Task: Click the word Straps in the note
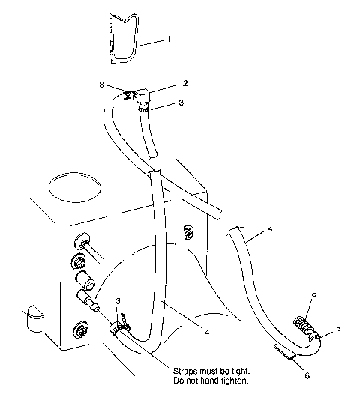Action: tap(187, 371)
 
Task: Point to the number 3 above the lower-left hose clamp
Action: tap(118, 301)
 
